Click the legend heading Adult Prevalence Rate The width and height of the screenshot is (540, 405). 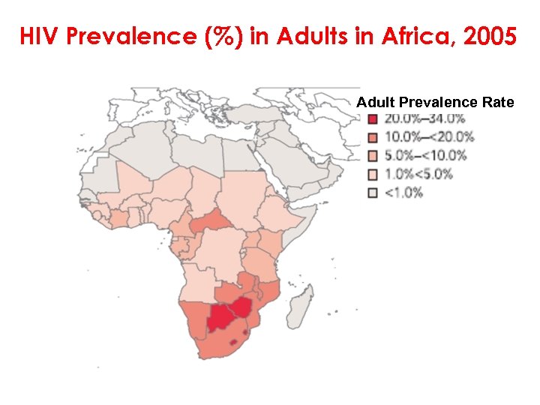(435, 102)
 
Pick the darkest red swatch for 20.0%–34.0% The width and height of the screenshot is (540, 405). (372, 119)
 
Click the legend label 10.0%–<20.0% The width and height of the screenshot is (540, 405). (429, 137)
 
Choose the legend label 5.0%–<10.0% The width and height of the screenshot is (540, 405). (425, 156)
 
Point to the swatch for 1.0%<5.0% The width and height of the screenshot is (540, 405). (372, 174)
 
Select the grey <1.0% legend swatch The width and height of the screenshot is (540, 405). (372, 193)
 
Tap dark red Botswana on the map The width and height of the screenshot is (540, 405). (220, 318)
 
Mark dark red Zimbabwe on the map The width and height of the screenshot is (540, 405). (242, 305)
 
